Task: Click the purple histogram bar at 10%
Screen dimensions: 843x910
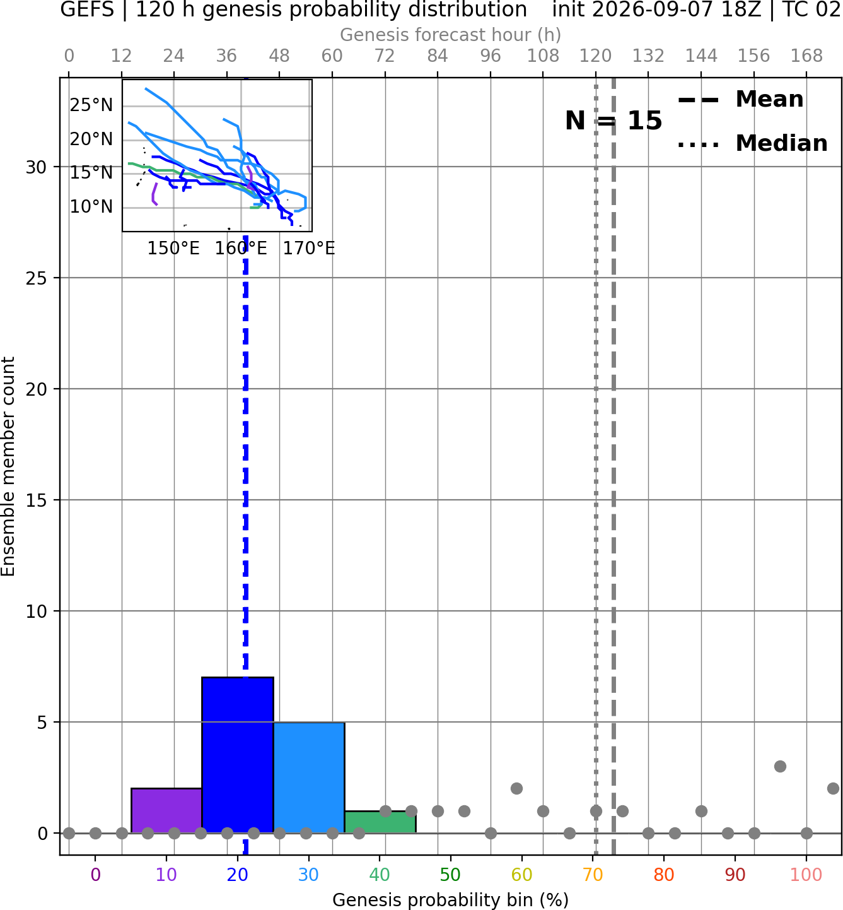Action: (x=166, y=810)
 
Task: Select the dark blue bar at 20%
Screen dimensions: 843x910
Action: (x=238, y=755)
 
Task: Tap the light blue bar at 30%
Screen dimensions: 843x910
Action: (x=309, y=777)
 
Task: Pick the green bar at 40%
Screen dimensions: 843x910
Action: (x=380, y=822)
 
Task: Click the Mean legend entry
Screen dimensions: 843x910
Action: (x=740, y=100)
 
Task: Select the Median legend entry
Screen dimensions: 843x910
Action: (x=752, y=143)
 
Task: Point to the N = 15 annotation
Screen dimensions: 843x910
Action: (x=613, y=121)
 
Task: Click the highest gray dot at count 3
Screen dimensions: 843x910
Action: (x=781, y=766)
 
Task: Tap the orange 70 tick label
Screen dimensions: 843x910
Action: (x=593, y=875)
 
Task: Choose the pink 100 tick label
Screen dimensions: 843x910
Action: (x=806, y=875)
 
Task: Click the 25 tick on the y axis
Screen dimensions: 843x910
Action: (x=37, y=278)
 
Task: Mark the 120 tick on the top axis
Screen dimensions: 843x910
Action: (x=596, y=56)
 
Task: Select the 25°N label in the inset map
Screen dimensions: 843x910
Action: (x=91, y=105)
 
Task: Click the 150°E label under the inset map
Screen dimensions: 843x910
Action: (x=173, y=249)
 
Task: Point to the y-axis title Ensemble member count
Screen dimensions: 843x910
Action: (x=8, y=467)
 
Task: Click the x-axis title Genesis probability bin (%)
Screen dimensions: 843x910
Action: (x=451, y=899)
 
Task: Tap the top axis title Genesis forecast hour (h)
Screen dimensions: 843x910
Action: (x=451, y=35)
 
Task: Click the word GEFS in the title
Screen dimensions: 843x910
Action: (x=87, y=9)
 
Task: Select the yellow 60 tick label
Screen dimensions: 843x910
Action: (x=522, y=875)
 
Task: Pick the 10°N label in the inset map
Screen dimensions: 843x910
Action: (x=91, y=206)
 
